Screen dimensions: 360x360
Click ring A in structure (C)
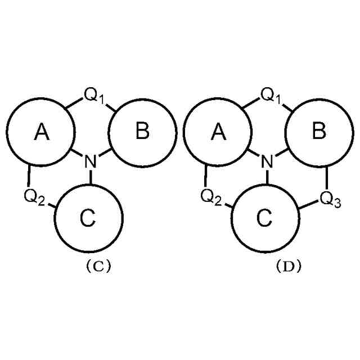[40, 132]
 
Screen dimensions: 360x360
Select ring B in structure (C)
[142, 132]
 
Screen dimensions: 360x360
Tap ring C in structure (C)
[88, 218]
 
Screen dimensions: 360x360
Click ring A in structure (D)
[219, 132]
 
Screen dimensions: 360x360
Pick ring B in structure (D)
[319, 132]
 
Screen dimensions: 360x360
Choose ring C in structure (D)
[266, 218]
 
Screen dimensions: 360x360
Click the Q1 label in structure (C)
[94, 96]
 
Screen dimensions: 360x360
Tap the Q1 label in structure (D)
[272, 96]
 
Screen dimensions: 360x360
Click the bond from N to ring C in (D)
[268, 176]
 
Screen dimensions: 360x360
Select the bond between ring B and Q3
[327, 178]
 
